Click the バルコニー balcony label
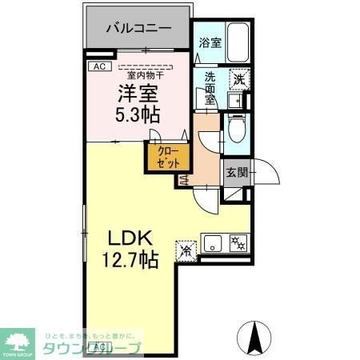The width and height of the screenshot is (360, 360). click(138, 27)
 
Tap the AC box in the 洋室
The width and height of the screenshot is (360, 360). click(100, 66)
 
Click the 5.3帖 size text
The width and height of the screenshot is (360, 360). click(137, 114)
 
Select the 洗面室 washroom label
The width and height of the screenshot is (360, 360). click(210, 88)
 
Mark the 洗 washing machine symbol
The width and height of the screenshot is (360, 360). click(238, 78)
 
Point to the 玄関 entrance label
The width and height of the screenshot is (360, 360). click(235, 173)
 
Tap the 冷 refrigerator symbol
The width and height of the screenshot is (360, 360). click(186, 249)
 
